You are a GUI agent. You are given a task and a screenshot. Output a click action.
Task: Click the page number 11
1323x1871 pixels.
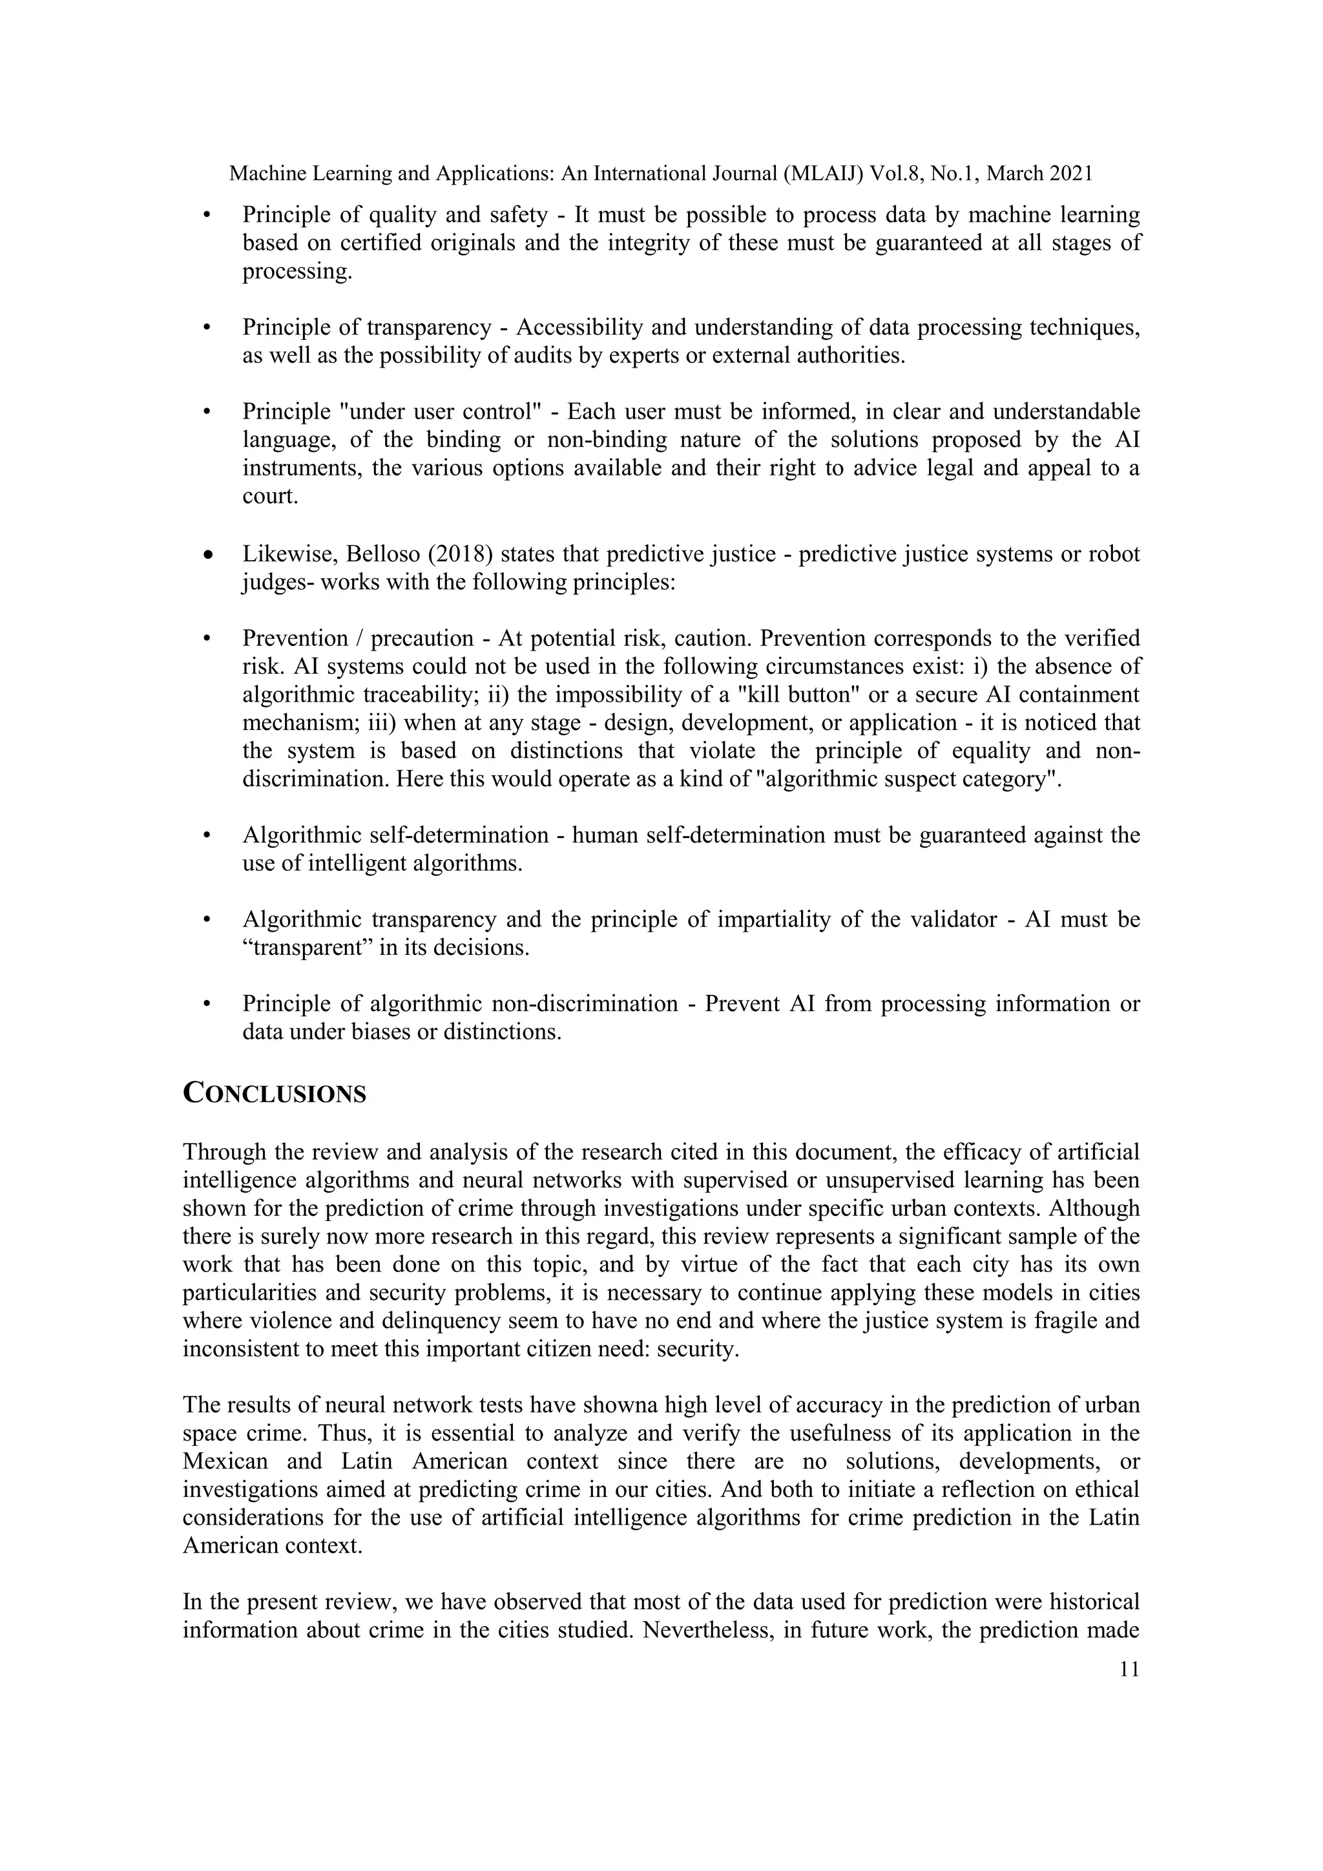[1129, 1669]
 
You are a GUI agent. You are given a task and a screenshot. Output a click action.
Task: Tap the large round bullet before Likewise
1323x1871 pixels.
[209, 556]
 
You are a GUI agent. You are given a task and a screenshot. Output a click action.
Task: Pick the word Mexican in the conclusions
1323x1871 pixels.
[225, 1461]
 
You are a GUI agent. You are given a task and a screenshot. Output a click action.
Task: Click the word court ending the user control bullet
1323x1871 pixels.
[269, 496]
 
